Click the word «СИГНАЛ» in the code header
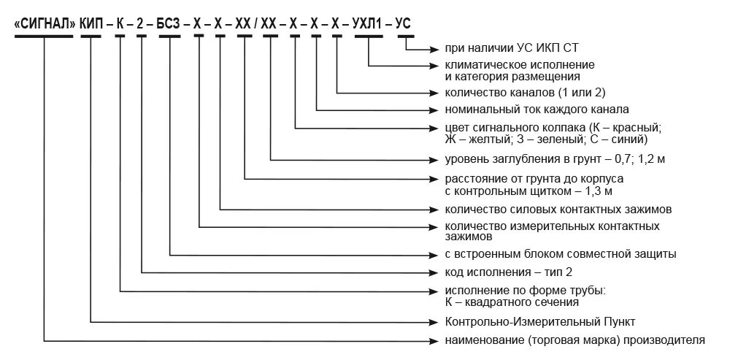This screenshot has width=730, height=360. [x=45, y=23]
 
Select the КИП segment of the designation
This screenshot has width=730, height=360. [x=91, y=23]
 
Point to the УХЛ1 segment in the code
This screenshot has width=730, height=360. [x=369, y=23]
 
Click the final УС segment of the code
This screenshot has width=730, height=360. [x=403, y=23]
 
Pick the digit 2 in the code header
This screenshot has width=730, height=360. [x=139, y=23]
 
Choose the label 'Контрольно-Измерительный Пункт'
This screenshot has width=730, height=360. [x=540, y=321]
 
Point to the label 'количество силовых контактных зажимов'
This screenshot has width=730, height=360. [x=558, y=210]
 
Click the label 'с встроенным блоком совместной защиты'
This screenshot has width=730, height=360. [x=560, y=254]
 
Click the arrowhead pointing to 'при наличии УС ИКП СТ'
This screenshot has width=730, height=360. [x=431, y=49]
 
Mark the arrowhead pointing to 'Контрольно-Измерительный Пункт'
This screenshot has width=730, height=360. [x=431, y=321]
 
